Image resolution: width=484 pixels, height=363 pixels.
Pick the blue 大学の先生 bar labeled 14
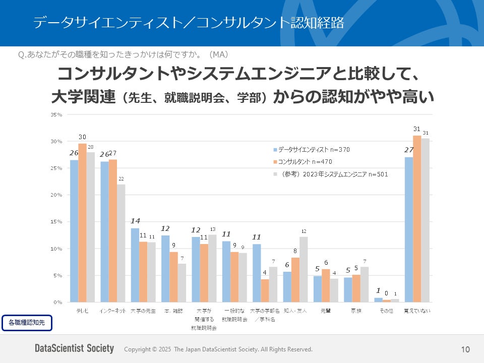[x=135, y=265]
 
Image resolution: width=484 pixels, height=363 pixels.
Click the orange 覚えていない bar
[x=417, y=219]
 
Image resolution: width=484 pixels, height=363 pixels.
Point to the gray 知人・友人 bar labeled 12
[x=304, y=269]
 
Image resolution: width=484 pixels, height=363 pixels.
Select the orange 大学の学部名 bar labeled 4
[x=265, y=290]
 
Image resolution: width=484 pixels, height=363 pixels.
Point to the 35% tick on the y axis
[x=56, y=115]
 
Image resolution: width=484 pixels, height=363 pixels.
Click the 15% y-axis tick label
[x=56, y=222]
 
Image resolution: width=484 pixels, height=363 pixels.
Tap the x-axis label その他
[x=386, y=311]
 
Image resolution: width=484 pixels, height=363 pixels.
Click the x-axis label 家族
[x=356, y=311]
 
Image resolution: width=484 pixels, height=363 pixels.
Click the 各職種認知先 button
[x=27, y=323]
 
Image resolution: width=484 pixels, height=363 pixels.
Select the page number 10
[x=465, y=349]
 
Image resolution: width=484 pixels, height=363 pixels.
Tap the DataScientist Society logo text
[x=74, y=349]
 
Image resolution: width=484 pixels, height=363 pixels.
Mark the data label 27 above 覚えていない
[x=408, y=150]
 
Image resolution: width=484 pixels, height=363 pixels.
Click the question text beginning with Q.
[x=124, y=54]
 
